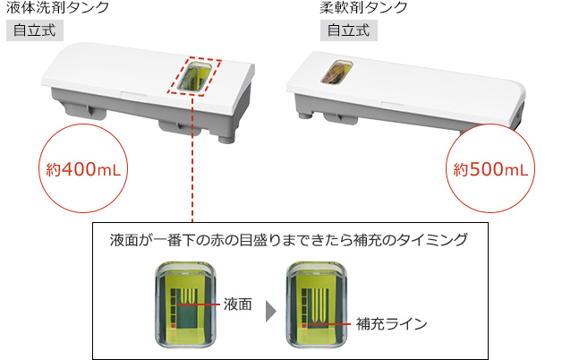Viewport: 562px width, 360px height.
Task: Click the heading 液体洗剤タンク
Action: (57, 9)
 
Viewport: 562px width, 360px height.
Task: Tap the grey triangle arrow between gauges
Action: (269, 306)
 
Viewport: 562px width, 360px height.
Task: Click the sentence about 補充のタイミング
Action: (291, 241)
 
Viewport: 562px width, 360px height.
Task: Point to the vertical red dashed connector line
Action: (192, 161)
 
